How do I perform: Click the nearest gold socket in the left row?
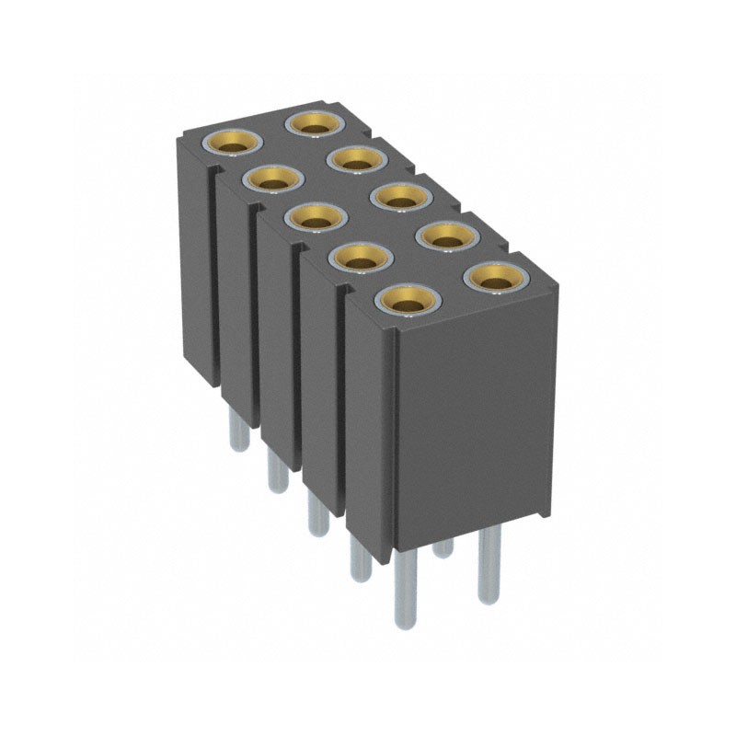pyautogui.click(x=405, y=298)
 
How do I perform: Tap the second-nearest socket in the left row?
pyautogui.click(x=359, y=258)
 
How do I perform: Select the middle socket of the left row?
pyautogui.click(x=315, y=218)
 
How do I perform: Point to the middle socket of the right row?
pyautogui.click(x=400, y=196)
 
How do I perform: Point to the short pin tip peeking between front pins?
pyautogui.click(x=444, y=548)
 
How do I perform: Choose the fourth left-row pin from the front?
pyautogui.click(x=274, y=471)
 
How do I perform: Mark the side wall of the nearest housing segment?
pyautogui.click(x=370, y=423)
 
